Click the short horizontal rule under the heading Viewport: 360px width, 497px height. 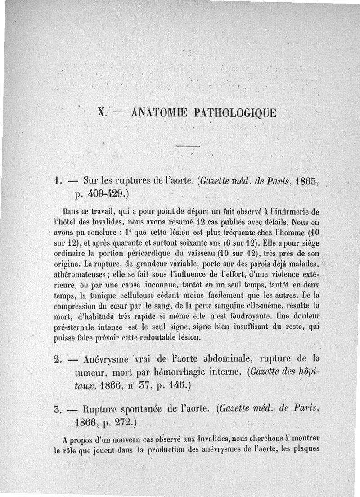click(186, 146)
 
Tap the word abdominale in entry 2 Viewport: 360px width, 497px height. click(229, 359)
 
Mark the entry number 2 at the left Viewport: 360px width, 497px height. click(57, 359)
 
